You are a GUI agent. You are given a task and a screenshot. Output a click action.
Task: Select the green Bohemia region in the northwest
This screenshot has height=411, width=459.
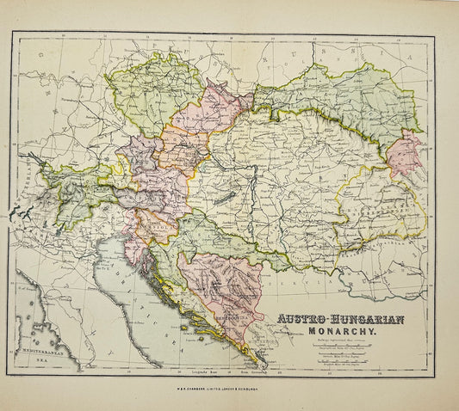[x=150, y=95]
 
